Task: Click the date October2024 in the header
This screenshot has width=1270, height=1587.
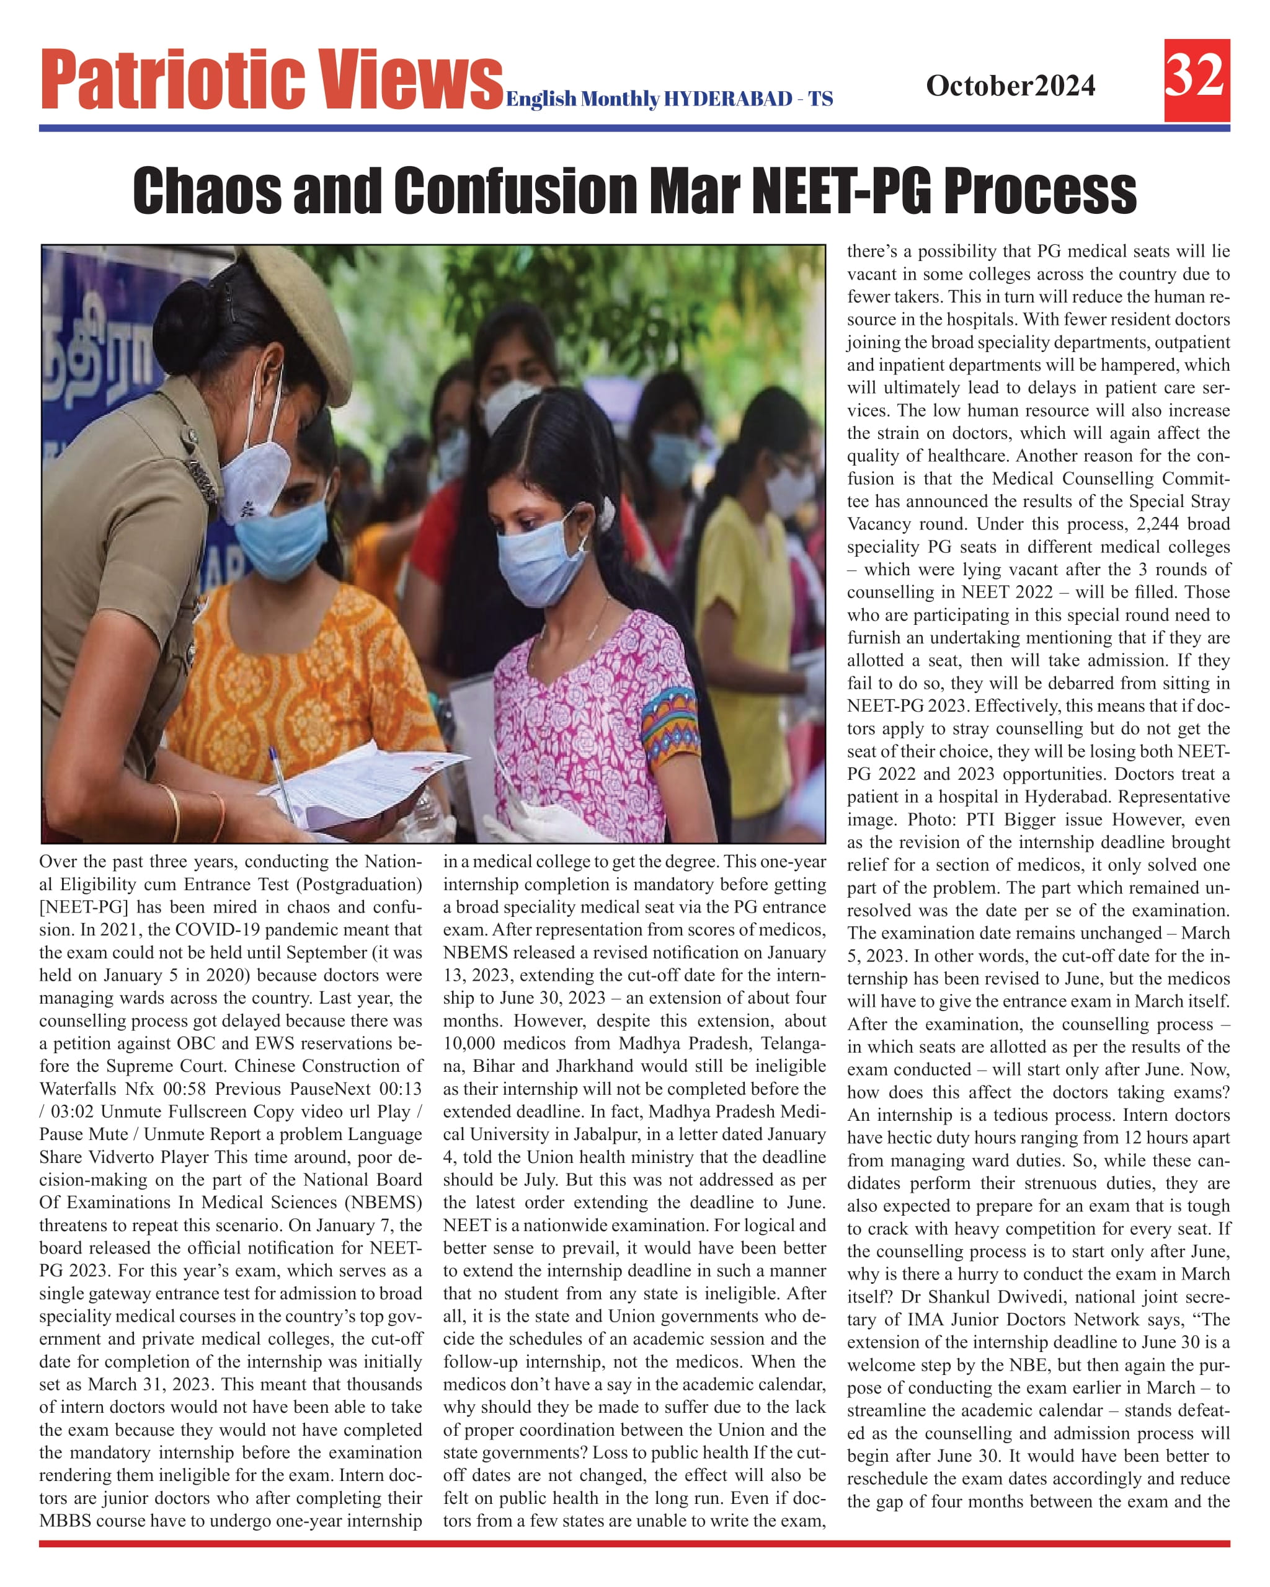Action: click(x=1010, y=86)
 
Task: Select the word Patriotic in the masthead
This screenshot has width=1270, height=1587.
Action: click(x=172, y=79)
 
